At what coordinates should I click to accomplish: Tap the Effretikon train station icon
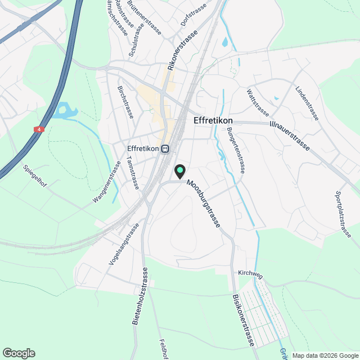[x=165, y=149]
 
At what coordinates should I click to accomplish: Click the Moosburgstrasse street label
[x=203, y=204]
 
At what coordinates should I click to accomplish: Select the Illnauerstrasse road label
[x=290, y=135]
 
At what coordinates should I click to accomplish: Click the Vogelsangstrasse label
[x=123, y=245]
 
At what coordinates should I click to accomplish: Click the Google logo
[x=19, y=353]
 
